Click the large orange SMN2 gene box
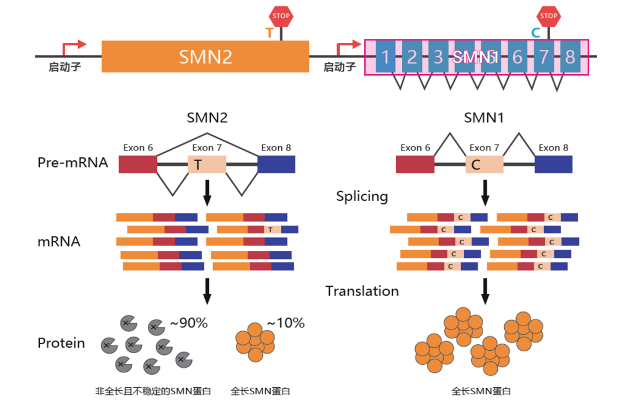pos(205,56)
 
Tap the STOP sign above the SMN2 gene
pos(281,16)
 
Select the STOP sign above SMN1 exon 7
pos(548,16)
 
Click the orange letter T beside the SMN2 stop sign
pos(269,33)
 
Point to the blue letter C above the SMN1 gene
pos(535,33)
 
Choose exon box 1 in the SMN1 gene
pos(385,57)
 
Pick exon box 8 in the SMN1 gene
pos(570,57)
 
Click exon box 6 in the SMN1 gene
pos(517,57)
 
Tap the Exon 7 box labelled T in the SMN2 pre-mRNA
pos(207,164)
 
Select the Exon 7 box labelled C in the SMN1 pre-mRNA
pos(484,164)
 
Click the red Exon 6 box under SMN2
pos(138,164)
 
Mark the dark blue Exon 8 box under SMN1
pos(554,164)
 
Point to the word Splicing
pos(362,196)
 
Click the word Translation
pos(362,291)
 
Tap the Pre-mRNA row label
pos(73,163)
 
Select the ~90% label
pos(188,323)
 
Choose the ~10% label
pos(286,323)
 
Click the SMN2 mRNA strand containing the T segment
pos(258,230)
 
